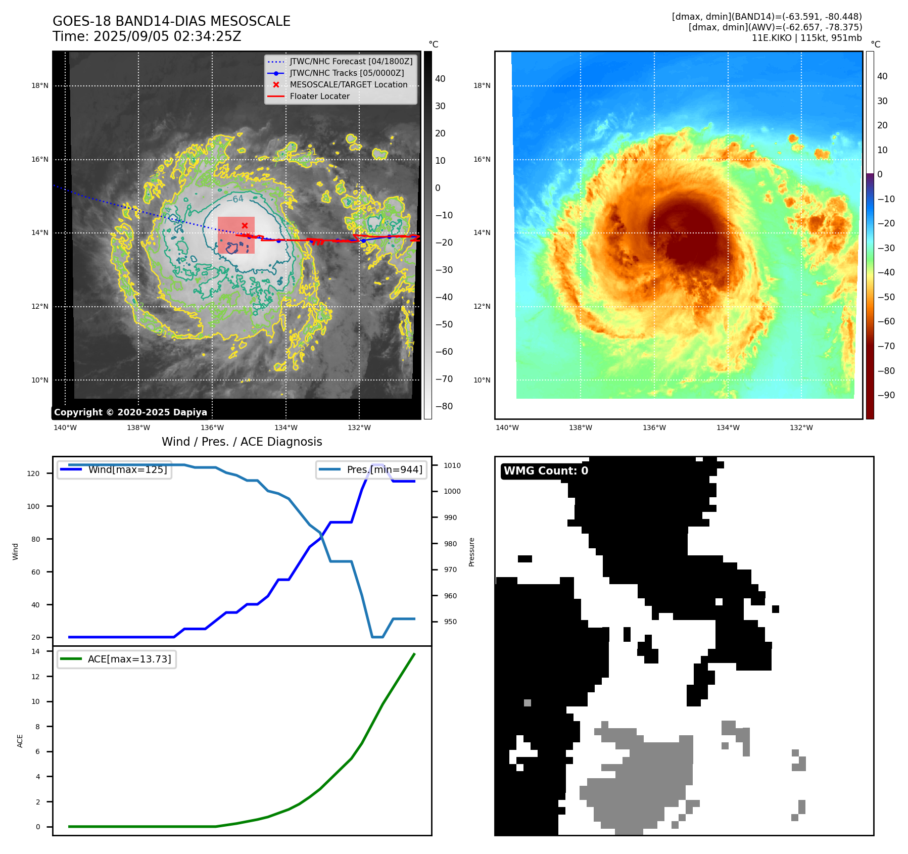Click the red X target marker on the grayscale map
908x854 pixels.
pos(245,225)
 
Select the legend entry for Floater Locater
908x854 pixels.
pos(319,97)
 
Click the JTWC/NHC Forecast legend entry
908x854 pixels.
pos(351,62)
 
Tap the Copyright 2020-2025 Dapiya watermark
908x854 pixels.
pos(130,412)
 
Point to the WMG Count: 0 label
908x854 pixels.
pos(546,471)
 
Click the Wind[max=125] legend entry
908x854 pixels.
pos(127,470)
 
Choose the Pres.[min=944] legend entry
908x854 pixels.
pos(384,470)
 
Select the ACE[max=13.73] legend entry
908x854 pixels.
pos(129,659)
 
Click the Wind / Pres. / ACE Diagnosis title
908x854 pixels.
pos(242,442)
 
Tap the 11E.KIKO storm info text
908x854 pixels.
pos(806,38)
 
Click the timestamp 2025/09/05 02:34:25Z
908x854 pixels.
pos(167,37)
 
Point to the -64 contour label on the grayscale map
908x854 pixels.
pos(235,199)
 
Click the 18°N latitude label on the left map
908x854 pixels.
pos(40,86)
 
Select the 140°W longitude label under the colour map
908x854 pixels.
pos(507,428)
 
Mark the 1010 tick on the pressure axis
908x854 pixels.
pos(452,465)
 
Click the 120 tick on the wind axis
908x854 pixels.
pos(33,473)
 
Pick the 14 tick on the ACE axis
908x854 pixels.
pos(35,652)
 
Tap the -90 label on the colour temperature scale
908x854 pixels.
pos(886,395)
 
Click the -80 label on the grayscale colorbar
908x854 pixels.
pos(444,406)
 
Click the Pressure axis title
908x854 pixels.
pos(472,552)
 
